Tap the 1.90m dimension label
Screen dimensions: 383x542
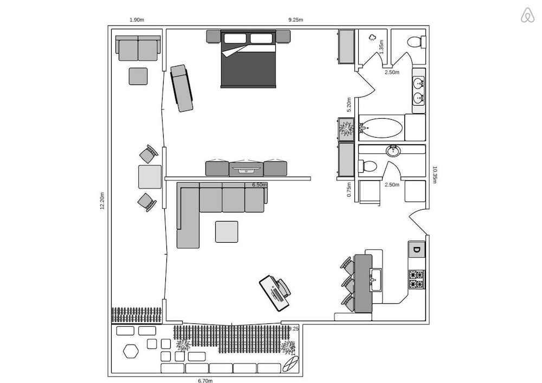pos(137,20)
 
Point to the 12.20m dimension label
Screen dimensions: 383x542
pos(102,202)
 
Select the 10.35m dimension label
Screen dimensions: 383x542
pos(435,174)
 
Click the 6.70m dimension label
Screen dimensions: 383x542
pos(205,380)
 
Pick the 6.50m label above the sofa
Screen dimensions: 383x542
pos(260,185)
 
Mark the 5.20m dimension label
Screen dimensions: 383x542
pos(349,104)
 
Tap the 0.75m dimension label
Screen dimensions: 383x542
pos(349,189)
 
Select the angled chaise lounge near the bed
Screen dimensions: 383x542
pos(182,88)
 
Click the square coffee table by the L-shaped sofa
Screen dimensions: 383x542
pos(226,232)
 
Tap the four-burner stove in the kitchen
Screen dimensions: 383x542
pos(416,279)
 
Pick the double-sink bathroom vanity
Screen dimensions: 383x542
pos(419,90)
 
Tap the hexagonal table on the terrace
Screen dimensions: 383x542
pos(130,351)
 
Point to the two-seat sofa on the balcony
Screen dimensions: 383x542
pos(138,49)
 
